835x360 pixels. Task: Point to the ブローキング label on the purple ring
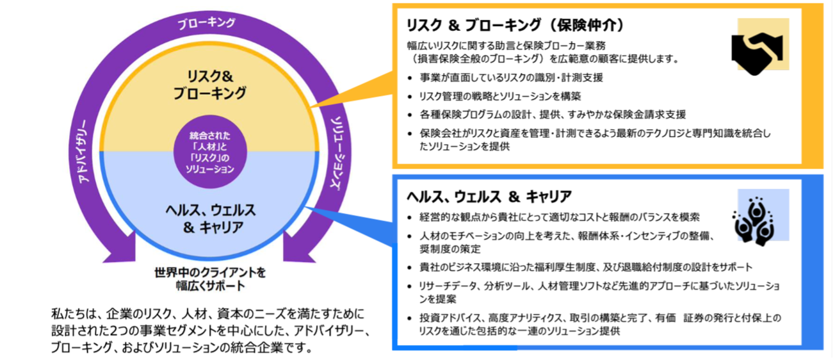207,23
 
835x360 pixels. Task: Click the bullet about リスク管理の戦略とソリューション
499,97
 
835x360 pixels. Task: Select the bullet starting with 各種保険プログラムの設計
552,115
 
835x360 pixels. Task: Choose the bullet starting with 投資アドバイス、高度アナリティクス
599,324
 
